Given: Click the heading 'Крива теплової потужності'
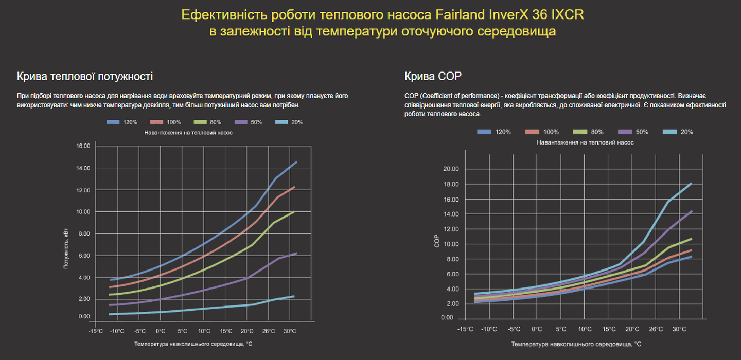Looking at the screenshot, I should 85,77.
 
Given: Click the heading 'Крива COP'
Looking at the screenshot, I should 433,77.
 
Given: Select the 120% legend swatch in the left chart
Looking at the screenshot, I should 113,122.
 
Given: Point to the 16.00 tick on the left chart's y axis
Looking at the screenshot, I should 83,146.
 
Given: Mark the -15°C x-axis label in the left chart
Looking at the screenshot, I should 96,331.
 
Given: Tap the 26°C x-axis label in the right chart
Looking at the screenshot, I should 656,329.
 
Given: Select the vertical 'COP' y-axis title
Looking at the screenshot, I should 437,241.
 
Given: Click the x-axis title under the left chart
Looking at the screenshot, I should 193,343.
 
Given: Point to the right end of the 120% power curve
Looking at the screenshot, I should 296,163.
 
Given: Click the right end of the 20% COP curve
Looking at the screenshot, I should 691,184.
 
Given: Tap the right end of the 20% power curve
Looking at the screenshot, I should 293,296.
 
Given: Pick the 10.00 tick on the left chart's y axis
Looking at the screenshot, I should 83,212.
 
